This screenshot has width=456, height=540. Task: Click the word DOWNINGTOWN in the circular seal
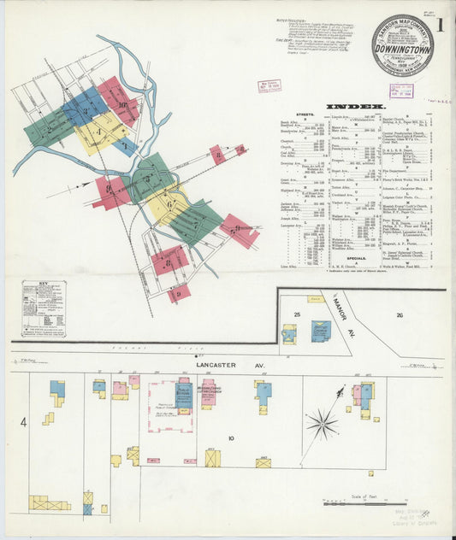coord(402,49)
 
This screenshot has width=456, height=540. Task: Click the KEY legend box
coord(44,308)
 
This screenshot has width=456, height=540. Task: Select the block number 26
coord(399,315)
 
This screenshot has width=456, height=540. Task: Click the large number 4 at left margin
coord(24,421)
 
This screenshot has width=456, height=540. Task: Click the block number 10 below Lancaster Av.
coord(230,438)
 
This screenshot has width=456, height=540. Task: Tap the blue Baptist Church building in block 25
coord(321,331)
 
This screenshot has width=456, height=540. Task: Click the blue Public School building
coord(183,394)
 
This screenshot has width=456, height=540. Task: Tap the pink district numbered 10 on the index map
coord(120,102)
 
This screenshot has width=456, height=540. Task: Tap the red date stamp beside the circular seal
coord(270,85)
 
